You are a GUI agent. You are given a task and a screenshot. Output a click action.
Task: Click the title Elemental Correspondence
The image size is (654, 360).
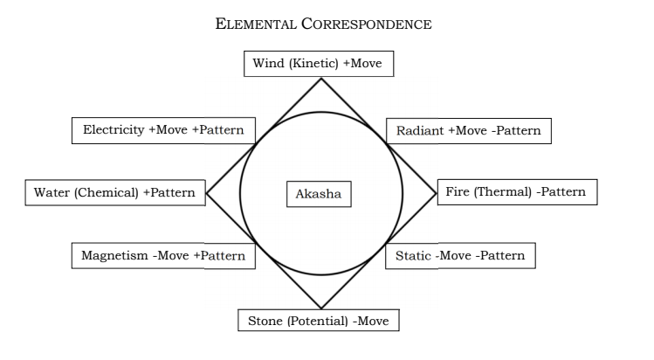[323, 24]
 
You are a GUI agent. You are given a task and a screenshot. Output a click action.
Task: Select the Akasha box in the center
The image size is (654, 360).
[319, 193]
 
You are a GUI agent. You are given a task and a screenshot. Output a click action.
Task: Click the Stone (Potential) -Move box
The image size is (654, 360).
[319, 321]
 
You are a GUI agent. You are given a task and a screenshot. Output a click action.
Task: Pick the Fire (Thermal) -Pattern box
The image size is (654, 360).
[516, 191]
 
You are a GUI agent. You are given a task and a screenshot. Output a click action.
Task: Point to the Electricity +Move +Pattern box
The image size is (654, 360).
[163, 130]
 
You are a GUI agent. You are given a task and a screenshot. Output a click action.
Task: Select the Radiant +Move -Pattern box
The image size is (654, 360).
[468, 131]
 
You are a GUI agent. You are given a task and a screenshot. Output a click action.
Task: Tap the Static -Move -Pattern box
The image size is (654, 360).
[460, 256]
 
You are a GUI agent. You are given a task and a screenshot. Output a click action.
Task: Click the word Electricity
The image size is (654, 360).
[114, 130]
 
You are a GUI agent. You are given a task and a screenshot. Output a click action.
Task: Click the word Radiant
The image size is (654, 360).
[420, 131]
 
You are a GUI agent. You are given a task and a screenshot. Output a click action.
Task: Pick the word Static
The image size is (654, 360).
[413, 256]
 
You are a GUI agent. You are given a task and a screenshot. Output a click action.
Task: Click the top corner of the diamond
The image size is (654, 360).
[321, 79]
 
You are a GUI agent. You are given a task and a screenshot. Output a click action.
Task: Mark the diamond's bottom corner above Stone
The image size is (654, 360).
[321, 308]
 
